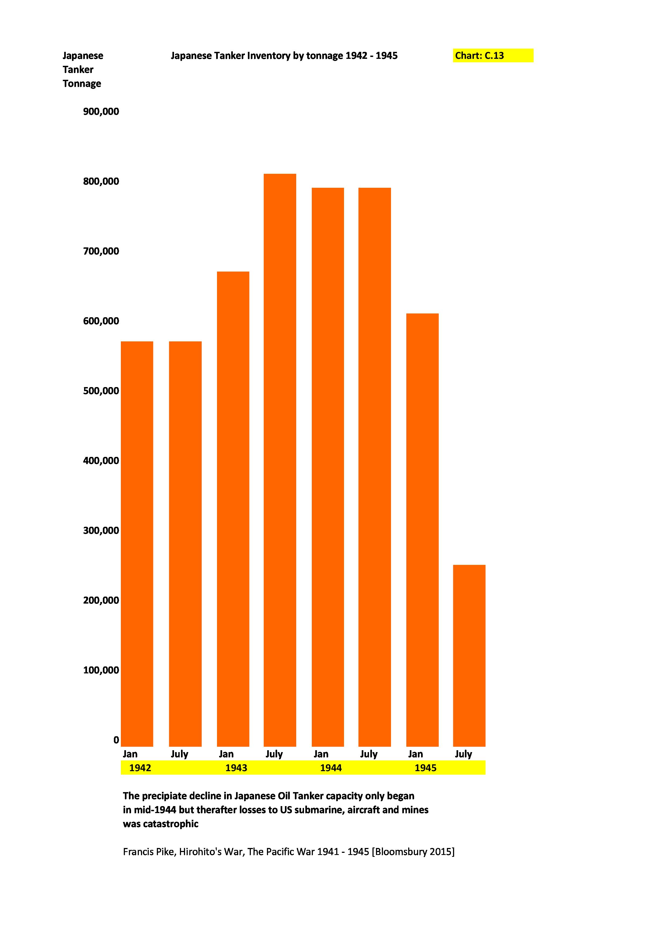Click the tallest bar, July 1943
click(x=280, y=460)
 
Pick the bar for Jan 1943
click(x=233, y=509)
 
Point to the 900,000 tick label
click(x=101, y=111)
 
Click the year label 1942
click(x=140, y=768)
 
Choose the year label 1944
click(x=331, y=768)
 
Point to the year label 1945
click(x=425, y=768)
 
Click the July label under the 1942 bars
click(x=179, y=754)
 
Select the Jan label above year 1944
click(x=321, y=754)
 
